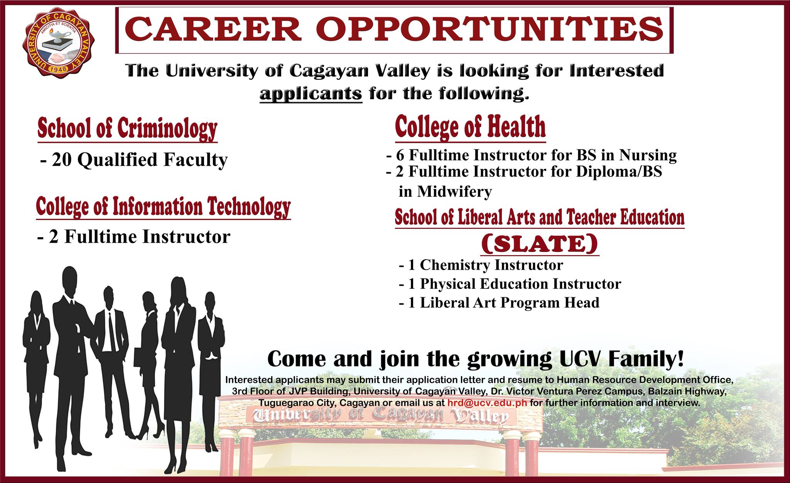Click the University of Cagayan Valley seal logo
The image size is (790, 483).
coord(59,42)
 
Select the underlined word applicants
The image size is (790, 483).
coord(311,94)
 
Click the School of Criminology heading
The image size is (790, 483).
coord(127,129)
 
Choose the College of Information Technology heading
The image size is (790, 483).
coord(163,207)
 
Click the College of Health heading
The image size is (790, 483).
coord(471,127)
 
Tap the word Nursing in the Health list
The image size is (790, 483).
coord(648,155)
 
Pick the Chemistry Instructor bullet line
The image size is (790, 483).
coord(481,265)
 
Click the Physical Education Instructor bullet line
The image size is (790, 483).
coord(510,284)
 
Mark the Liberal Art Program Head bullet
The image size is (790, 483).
coord(499,303)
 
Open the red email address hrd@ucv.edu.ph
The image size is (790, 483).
coord(488,403)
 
